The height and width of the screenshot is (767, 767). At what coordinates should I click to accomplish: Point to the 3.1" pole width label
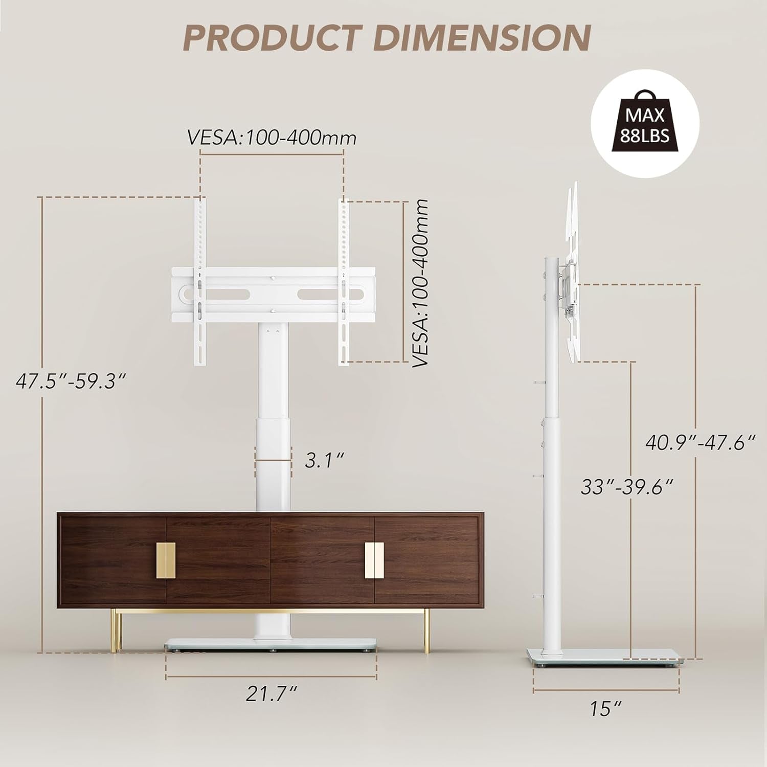coord(323,460)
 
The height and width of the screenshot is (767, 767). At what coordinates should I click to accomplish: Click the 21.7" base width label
coord(272,694)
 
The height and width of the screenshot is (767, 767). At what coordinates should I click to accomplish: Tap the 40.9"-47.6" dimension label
coord(700,442)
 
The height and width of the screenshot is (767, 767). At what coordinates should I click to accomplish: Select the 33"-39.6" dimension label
coord(626,486)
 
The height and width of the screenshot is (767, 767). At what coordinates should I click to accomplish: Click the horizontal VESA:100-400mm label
coord(272,138)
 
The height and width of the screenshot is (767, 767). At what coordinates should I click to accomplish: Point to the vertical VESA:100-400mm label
coord(420,283)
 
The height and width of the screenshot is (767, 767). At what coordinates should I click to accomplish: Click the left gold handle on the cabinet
coord(165,560)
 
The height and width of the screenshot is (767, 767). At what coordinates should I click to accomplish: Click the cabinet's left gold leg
coord(117,631)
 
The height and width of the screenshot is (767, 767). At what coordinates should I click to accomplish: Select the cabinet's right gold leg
coord(426,631)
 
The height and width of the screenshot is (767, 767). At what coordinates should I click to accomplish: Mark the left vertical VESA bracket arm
coord(200,281)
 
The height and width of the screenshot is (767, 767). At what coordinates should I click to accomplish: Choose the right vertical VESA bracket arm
coord(344,281)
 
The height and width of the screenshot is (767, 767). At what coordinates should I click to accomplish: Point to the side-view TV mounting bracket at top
coord(573,271)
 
